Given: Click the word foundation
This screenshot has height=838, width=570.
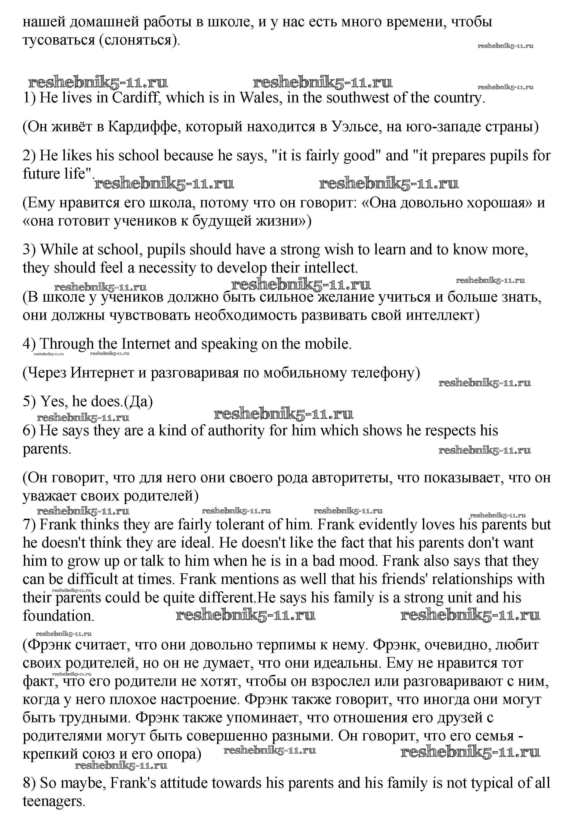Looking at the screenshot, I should pyautogui.click(x=58, y=615).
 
